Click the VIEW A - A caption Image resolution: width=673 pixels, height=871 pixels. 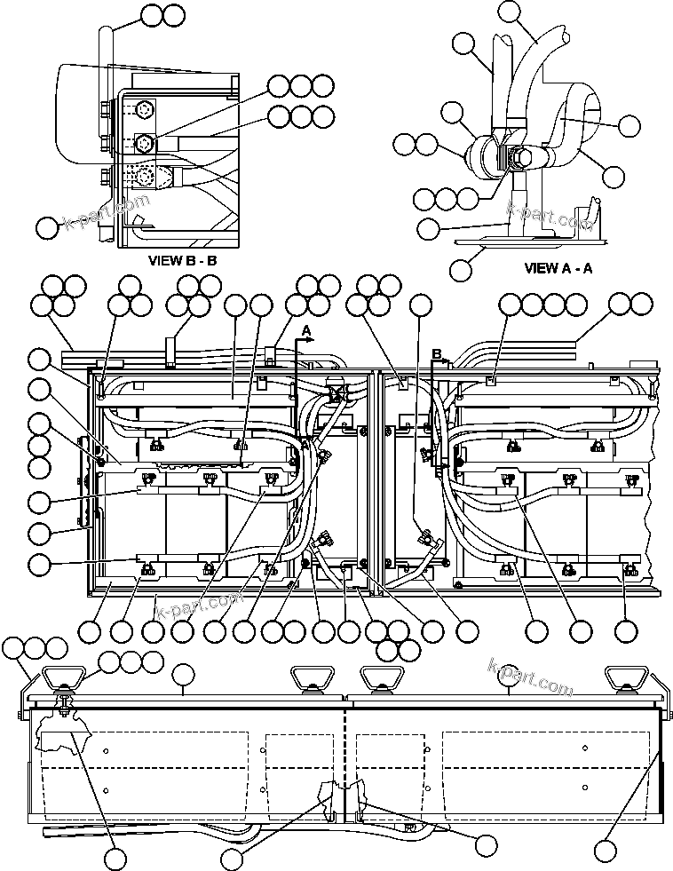click(558, 268)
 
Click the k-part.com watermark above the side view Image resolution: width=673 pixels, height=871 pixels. click(530, 677)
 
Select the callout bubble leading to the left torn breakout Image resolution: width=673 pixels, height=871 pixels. click(115, 859)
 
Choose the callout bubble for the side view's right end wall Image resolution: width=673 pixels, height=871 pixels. click(606, 850)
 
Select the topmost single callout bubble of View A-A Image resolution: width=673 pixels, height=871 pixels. click(510, 11)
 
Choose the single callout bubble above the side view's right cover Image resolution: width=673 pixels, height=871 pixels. click(508, 675)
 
